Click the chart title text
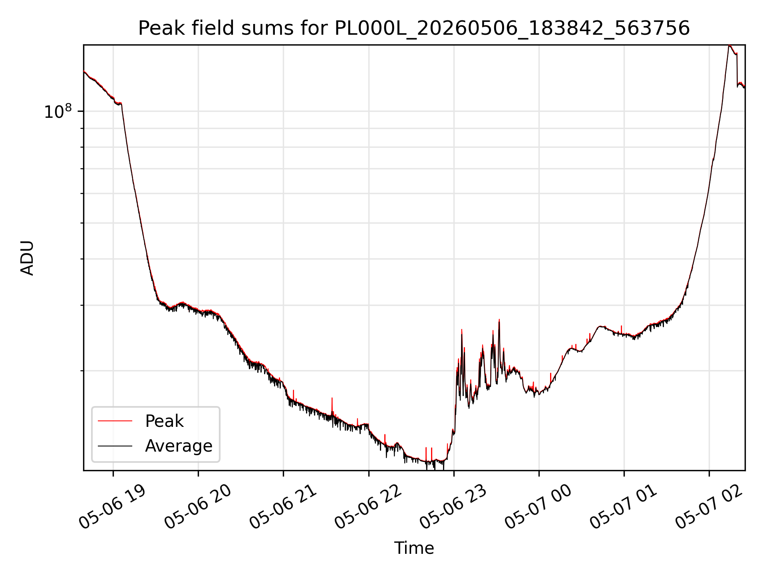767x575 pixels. click(414, 28)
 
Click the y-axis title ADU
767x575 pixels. click(27, 258)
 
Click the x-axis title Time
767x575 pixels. click(414, 548)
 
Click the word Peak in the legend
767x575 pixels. click(164, 421)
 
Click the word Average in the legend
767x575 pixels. click(179, 446)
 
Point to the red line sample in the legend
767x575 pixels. click(115, 421)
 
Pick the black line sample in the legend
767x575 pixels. click(115, 446)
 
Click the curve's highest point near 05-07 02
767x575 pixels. click(729, 46)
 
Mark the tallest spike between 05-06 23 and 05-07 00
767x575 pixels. click(499, 320)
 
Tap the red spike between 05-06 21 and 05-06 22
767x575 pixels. click(332, 398)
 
